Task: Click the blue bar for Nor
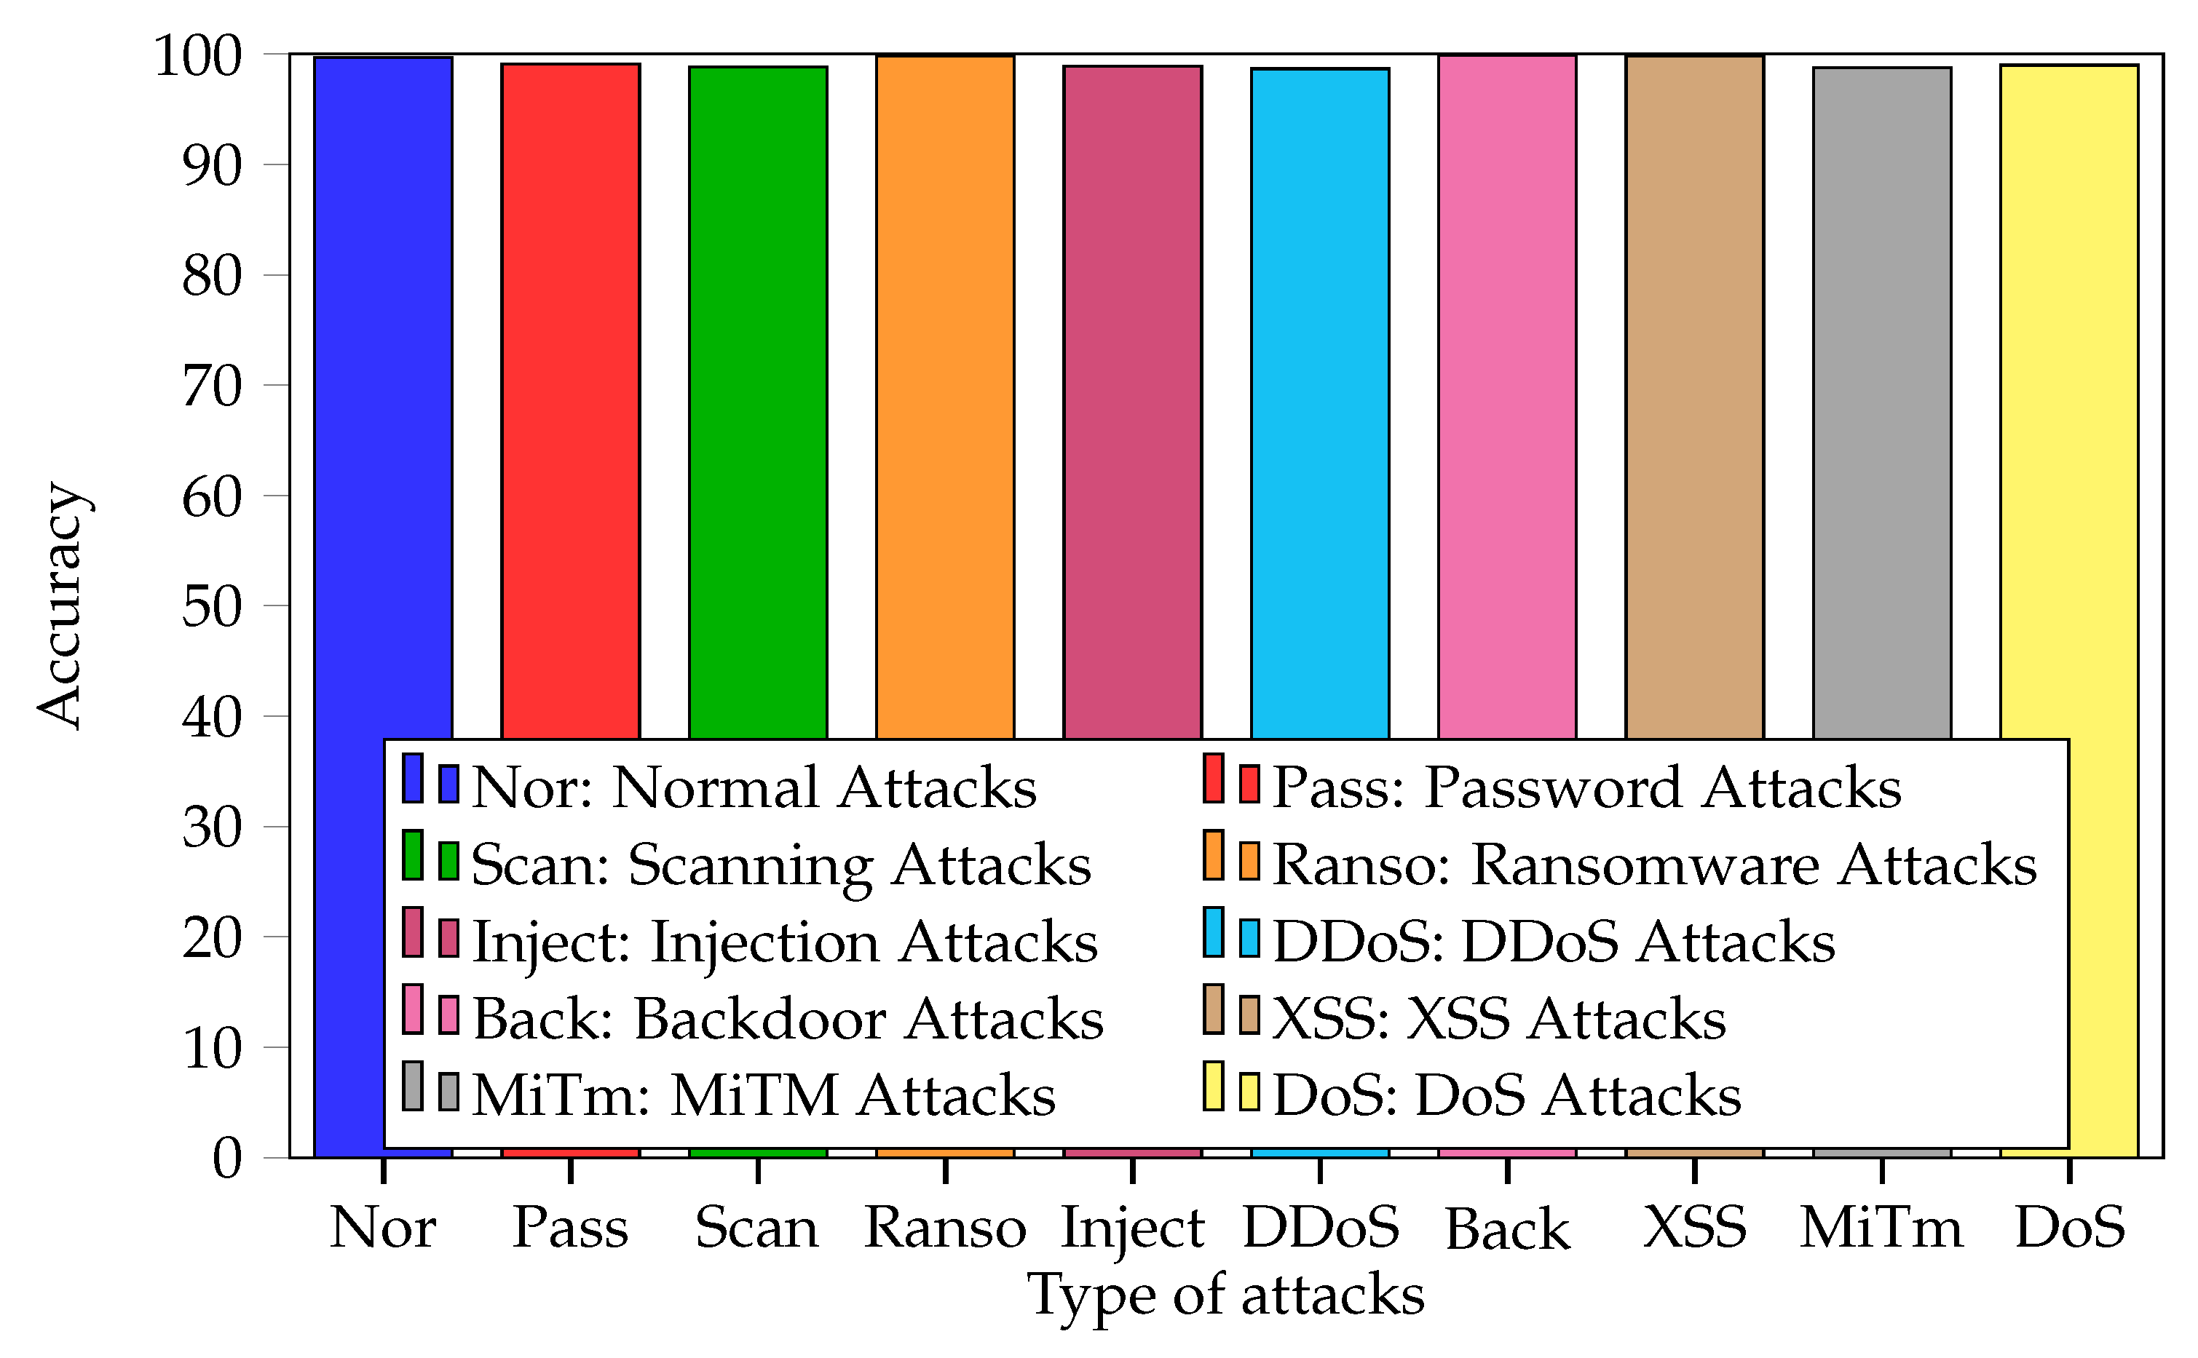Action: click(383, 404)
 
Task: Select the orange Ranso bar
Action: click(945, 404)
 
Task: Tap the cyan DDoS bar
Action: click(1319, 404)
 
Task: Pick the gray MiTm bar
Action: click(1882, 404)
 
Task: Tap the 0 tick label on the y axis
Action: click(226, 1158)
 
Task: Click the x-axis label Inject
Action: click(1132, 1228)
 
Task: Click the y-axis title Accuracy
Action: click(61, 606)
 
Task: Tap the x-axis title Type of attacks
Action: click(1226, 1296)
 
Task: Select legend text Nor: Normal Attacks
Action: click(754, 787)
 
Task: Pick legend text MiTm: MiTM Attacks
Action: click(764, 1096)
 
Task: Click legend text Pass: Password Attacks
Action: click(1587, 787)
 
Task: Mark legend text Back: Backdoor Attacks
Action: click(788, 1020)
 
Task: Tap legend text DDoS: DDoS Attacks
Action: click(1554, 942)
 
